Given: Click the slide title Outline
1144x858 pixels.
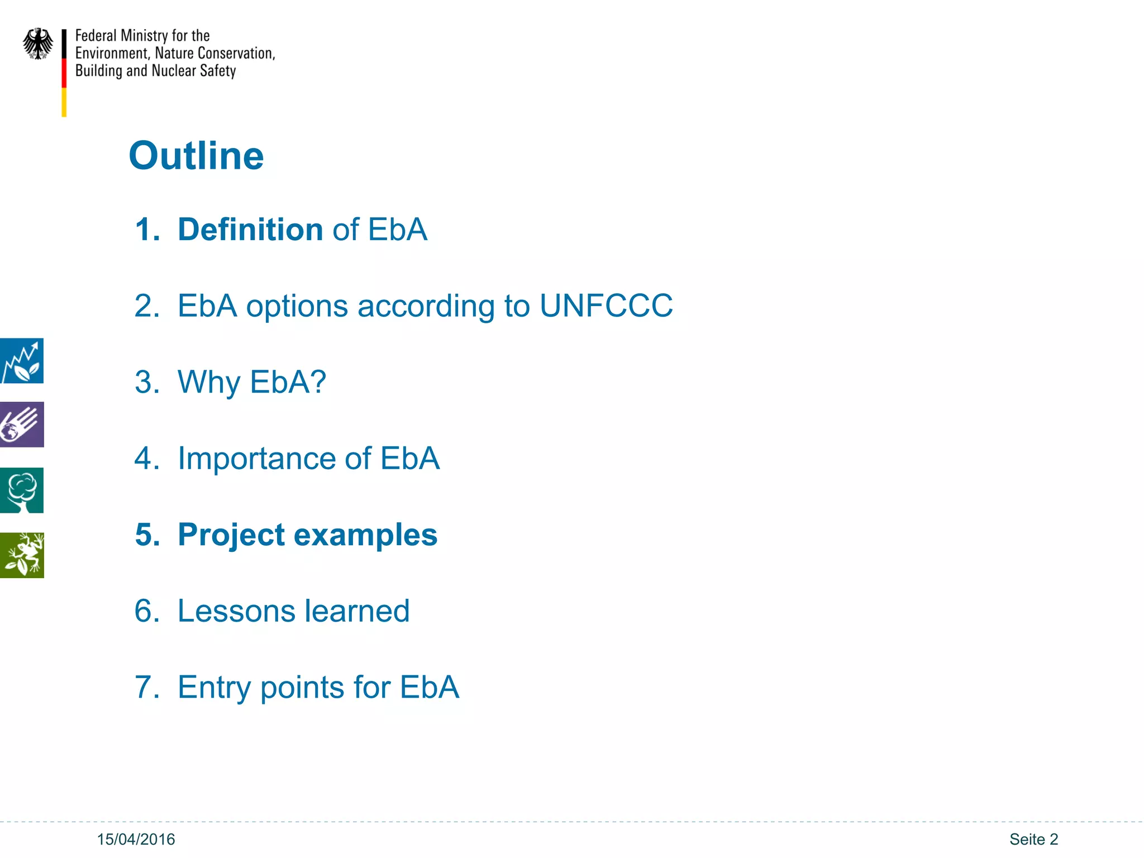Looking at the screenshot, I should (196, 155).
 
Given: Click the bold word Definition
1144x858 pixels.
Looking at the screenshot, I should (250, 230).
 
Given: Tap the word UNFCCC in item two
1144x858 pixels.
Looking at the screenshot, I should (606, 306).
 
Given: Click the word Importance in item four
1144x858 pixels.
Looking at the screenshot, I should (256, 459).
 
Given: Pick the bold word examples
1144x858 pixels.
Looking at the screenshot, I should (365, 535).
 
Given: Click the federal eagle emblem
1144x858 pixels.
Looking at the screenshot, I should (38, 44).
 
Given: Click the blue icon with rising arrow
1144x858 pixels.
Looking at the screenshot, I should (21, 361).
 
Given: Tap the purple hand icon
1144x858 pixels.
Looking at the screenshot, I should (21, 425).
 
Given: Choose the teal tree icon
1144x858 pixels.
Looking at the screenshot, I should (21, 490).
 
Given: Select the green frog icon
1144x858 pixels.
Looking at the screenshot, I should (21, 555).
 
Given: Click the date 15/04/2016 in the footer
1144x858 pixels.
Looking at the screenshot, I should (136, 839).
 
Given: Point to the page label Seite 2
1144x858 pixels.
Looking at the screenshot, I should (1033, 839).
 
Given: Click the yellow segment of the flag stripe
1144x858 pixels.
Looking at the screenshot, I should (64, 102).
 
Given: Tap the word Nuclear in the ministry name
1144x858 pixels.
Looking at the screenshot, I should (174, 71).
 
